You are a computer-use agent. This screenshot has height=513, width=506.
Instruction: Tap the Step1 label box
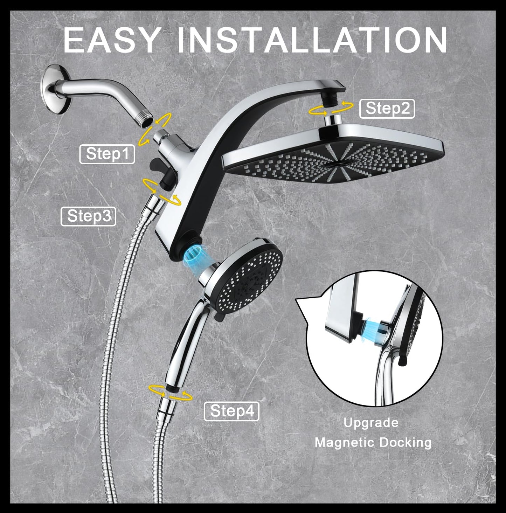107,154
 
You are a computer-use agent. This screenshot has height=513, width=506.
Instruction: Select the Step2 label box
387,109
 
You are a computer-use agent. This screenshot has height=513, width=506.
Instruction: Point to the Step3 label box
88,216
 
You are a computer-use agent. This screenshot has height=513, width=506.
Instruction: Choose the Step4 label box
231,411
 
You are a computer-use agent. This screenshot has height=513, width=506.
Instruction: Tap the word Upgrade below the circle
371,423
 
